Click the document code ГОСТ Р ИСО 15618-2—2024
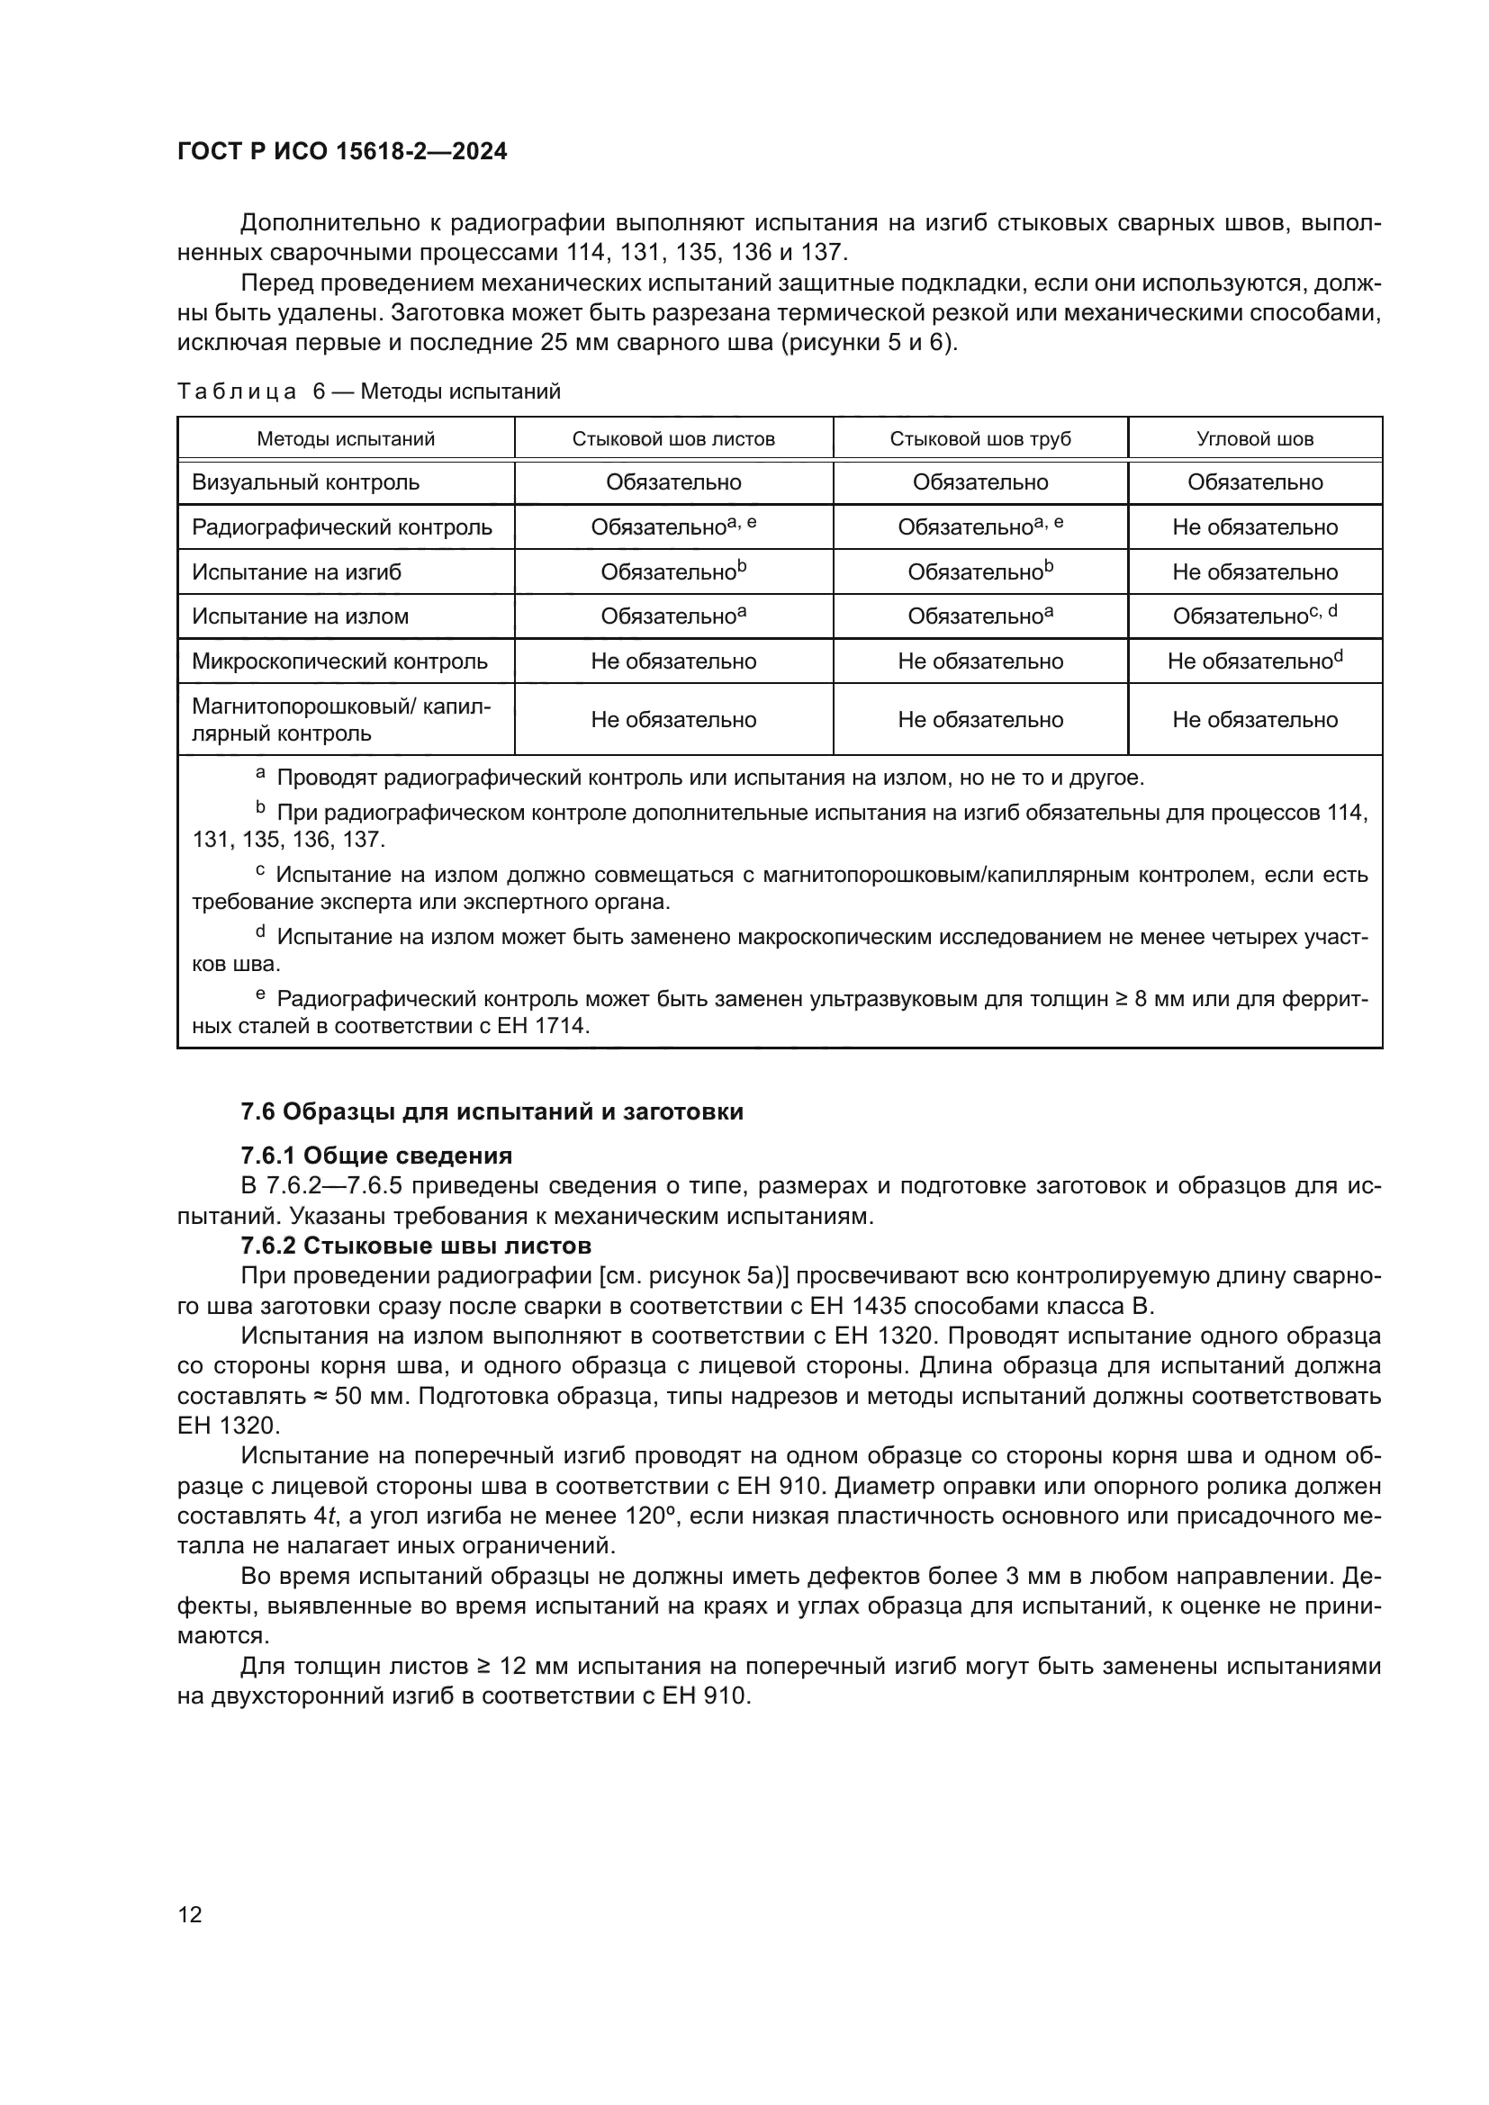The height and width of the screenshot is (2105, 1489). pos(342,152)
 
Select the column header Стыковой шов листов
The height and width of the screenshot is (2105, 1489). pos(673,439)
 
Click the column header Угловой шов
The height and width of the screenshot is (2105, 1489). pos(1254,439)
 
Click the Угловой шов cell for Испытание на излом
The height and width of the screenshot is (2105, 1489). pos(1254,616)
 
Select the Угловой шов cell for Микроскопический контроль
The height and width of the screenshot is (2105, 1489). pos(1254,661)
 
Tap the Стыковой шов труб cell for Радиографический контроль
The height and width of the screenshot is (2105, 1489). pos(979,527)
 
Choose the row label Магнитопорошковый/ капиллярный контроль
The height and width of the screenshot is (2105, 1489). pos(340,720)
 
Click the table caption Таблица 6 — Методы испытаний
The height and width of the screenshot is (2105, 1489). pos(367,392)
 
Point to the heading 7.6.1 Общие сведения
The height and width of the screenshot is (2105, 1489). pos(376,1156)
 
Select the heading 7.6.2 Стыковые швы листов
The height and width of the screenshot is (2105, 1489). pos(415,1246)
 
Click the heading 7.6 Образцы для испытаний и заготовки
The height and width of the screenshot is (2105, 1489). pos(492,1112)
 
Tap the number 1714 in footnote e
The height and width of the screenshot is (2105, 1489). pos(559,1026)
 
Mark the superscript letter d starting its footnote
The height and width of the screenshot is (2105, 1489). pos(260,932)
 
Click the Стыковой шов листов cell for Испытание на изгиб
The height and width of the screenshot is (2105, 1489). pos(673,572)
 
